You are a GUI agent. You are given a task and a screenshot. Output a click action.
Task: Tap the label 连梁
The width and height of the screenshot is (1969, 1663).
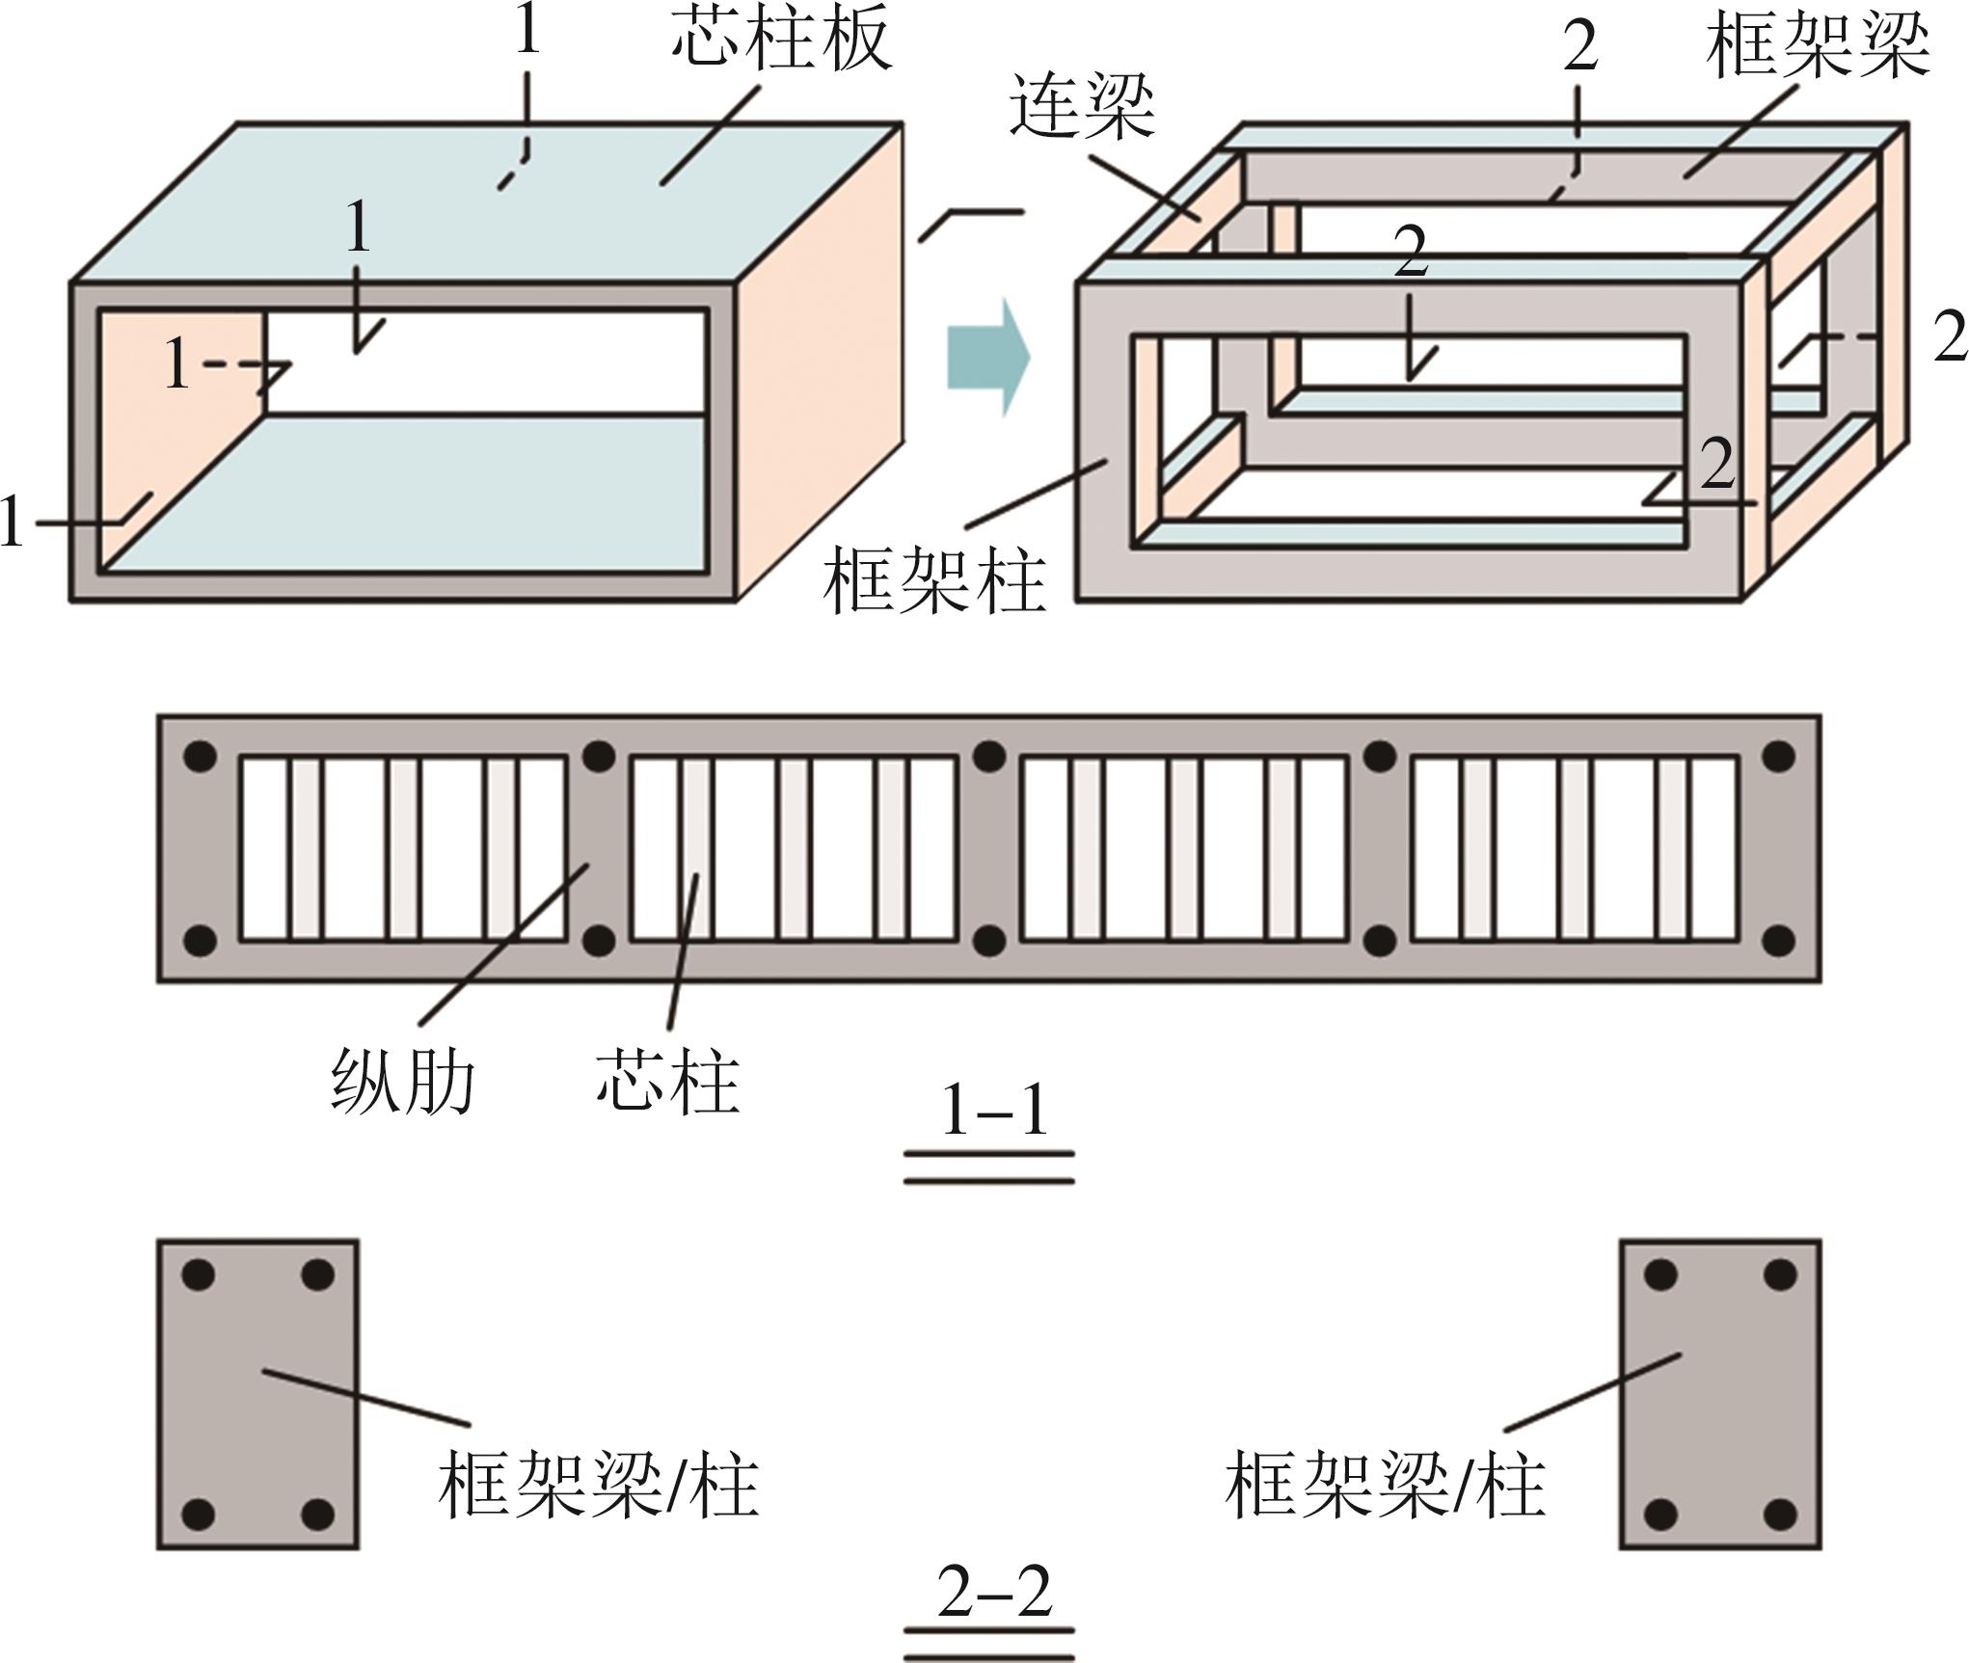coord(1082,106)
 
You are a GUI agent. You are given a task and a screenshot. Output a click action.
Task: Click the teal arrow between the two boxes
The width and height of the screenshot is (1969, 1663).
coord(988,358)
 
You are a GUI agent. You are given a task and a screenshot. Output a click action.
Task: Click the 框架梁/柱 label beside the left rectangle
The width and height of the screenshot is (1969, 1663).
coord(598,1486)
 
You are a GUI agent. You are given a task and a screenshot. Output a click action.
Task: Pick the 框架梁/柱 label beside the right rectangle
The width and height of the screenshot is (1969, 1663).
coord(1385,1486)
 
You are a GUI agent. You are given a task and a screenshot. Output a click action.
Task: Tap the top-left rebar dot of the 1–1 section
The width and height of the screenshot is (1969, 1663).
coord(200,757)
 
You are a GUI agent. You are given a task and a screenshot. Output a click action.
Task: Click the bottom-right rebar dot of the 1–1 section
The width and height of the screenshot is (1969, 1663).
coord(1778,940)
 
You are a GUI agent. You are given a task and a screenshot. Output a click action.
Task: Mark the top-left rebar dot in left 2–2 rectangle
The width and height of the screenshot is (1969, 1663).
coord(200,1275)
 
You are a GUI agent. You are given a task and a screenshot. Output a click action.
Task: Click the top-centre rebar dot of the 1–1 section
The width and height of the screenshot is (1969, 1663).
coord(988,757)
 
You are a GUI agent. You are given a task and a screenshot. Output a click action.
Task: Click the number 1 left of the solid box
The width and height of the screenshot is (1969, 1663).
coord(12,522)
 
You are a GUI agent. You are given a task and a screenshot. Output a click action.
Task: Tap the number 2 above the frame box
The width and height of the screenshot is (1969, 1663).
coord(1579,46)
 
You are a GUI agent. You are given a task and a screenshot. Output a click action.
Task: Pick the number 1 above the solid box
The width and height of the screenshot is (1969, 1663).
coord(526,31)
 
